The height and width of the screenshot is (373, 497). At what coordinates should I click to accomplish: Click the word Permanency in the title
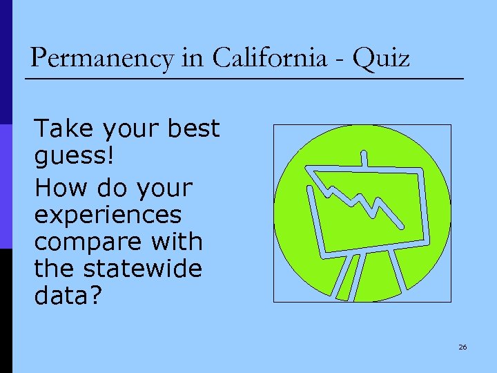point(101,58)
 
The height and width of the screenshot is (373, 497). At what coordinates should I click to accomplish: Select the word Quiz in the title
point(380,58)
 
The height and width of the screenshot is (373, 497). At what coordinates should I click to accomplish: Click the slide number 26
point(462,347)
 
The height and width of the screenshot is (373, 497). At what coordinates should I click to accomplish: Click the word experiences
point(108,214)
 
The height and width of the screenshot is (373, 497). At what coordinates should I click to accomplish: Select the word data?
point(68,296)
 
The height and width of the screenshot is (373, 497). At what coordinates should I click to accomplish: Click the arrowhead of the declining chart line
point(400,224)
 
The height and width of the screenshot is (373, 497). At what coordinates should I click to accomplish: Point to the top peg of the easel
point(364,158)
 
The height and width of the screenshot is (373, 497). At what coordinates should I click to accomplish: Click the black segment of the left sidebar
point(6,311)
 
